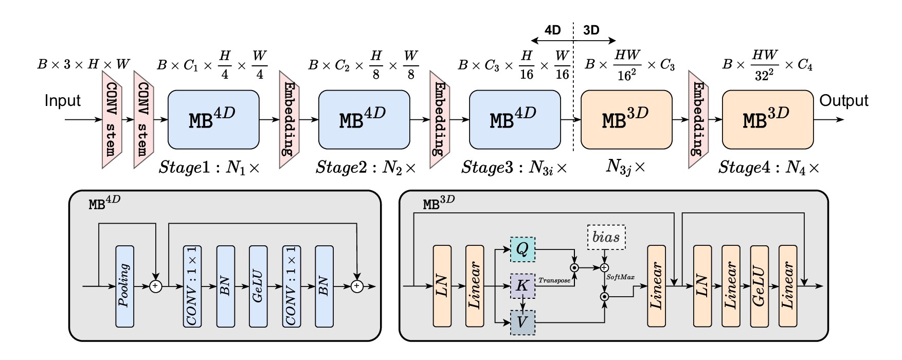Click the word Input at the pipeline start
click(x=62, y=101)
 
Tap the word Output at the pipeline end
click(x=843, y=101)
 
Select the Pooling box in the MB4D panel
click(x=124, y=286)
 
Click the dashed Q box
click(x=522, y=249)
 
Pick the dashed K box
click(x=522, y=286)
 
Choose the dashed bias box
click(x=606, y=237)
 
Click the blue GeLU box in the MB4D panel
click(x=258, y=286)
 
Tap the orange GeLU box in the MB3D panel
click(x=759, y=286)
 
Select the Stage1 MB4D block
click(x=213, y=119)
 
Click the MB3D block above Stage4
click(x=768, y=119)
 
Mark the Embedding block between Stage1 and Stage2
click(x=289, y=119)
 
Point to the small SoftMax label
click(x=621, y=277)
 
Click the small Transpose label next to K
click(x=554, y=280)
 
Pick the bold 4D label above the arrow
click(x=552, y=30)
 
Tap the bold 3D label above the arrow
click(x=591, y=30)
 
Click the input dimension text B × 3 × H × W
click(x=84, y=65)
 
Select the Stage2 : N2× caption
click(x=366, y=167)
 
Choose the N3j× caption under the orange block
click(x=626, y=167)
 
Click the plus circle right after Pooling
click(x=155, y=286)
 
